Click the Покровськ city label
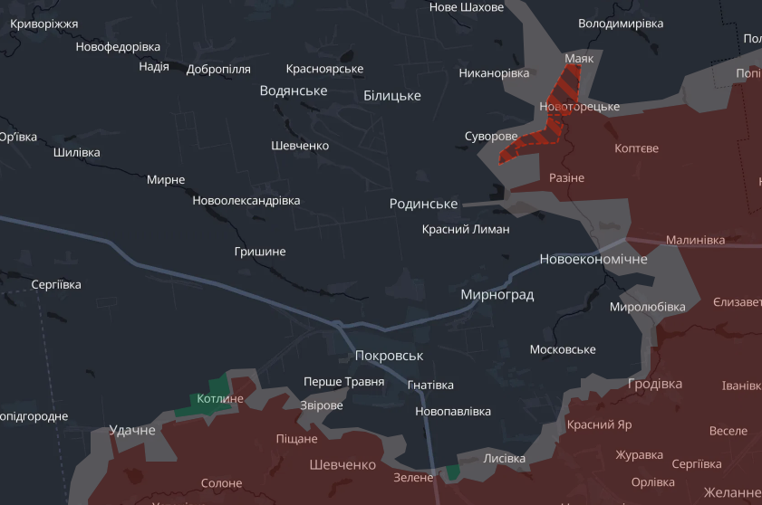click(389, 356)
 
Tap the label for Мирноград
click(497, 295)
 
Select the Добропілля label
click(218, 70)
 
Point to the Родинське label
click(423, 205)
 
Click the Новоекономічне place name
click(593, 260)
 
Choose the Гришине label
click(259, 252)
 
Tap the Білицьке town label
click(391, 95)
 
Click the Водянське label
click(293, 91)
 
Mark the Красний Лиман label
click(466, 230)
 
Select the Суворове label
click(490, 137)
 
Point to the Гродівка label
click(655, 384)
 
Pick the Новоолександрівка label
click(246, 201)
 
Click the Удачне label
click(132, 430)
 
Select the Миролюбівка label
click(647, 307)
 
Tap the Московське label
click(562, 349)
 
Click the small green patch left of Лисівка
click(450, 472)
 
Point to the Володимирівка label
click(621, 24)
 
